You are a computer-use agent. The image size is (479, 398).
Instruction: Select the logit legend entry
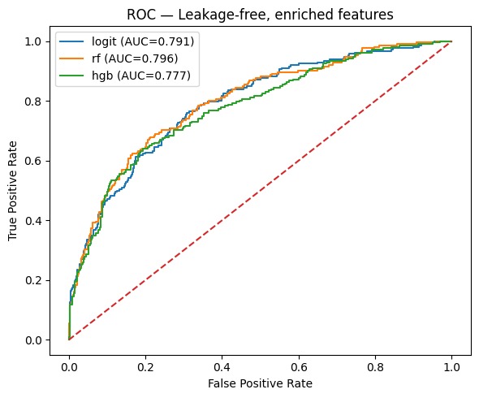tap(140, 41)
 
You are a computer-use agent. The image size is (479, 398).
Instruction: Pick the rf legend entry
tap(132, 58)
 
